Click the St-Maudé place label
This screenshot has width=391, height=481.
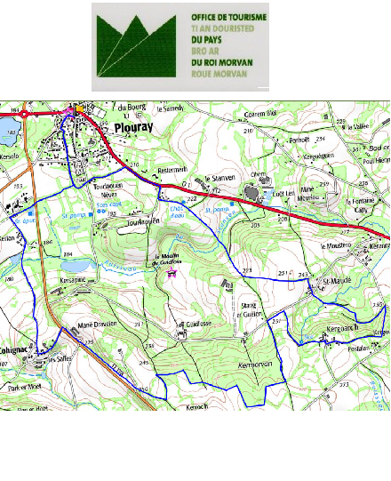[x=337, y=282]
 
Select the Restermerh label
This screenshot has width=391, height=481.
[x=172, y=169]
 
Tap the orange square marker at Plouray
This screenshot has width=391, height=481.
[x=79, y=108]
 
